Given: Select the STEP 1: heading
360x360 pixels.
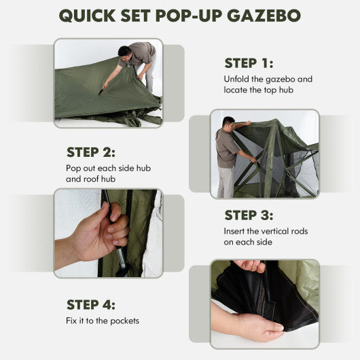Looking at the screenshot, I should (x=249, y=63).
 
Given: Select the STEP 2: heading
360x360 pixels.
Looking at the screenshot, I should (x=90, y=152).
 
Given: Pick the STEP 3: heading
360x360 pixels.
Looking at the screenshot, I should (x=249, y=215).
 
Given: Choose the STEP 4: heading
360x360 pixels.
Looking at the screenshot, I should (x=90, y=304).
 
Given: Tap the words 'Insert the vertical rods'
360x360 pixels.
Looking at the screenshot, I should (x=266, y=232).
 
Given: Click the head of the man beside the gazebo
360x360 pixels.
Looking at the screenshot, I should (x=228, y=123).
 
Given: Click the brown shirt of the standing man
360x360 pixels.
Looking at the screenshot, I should (x=226, y=148).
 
